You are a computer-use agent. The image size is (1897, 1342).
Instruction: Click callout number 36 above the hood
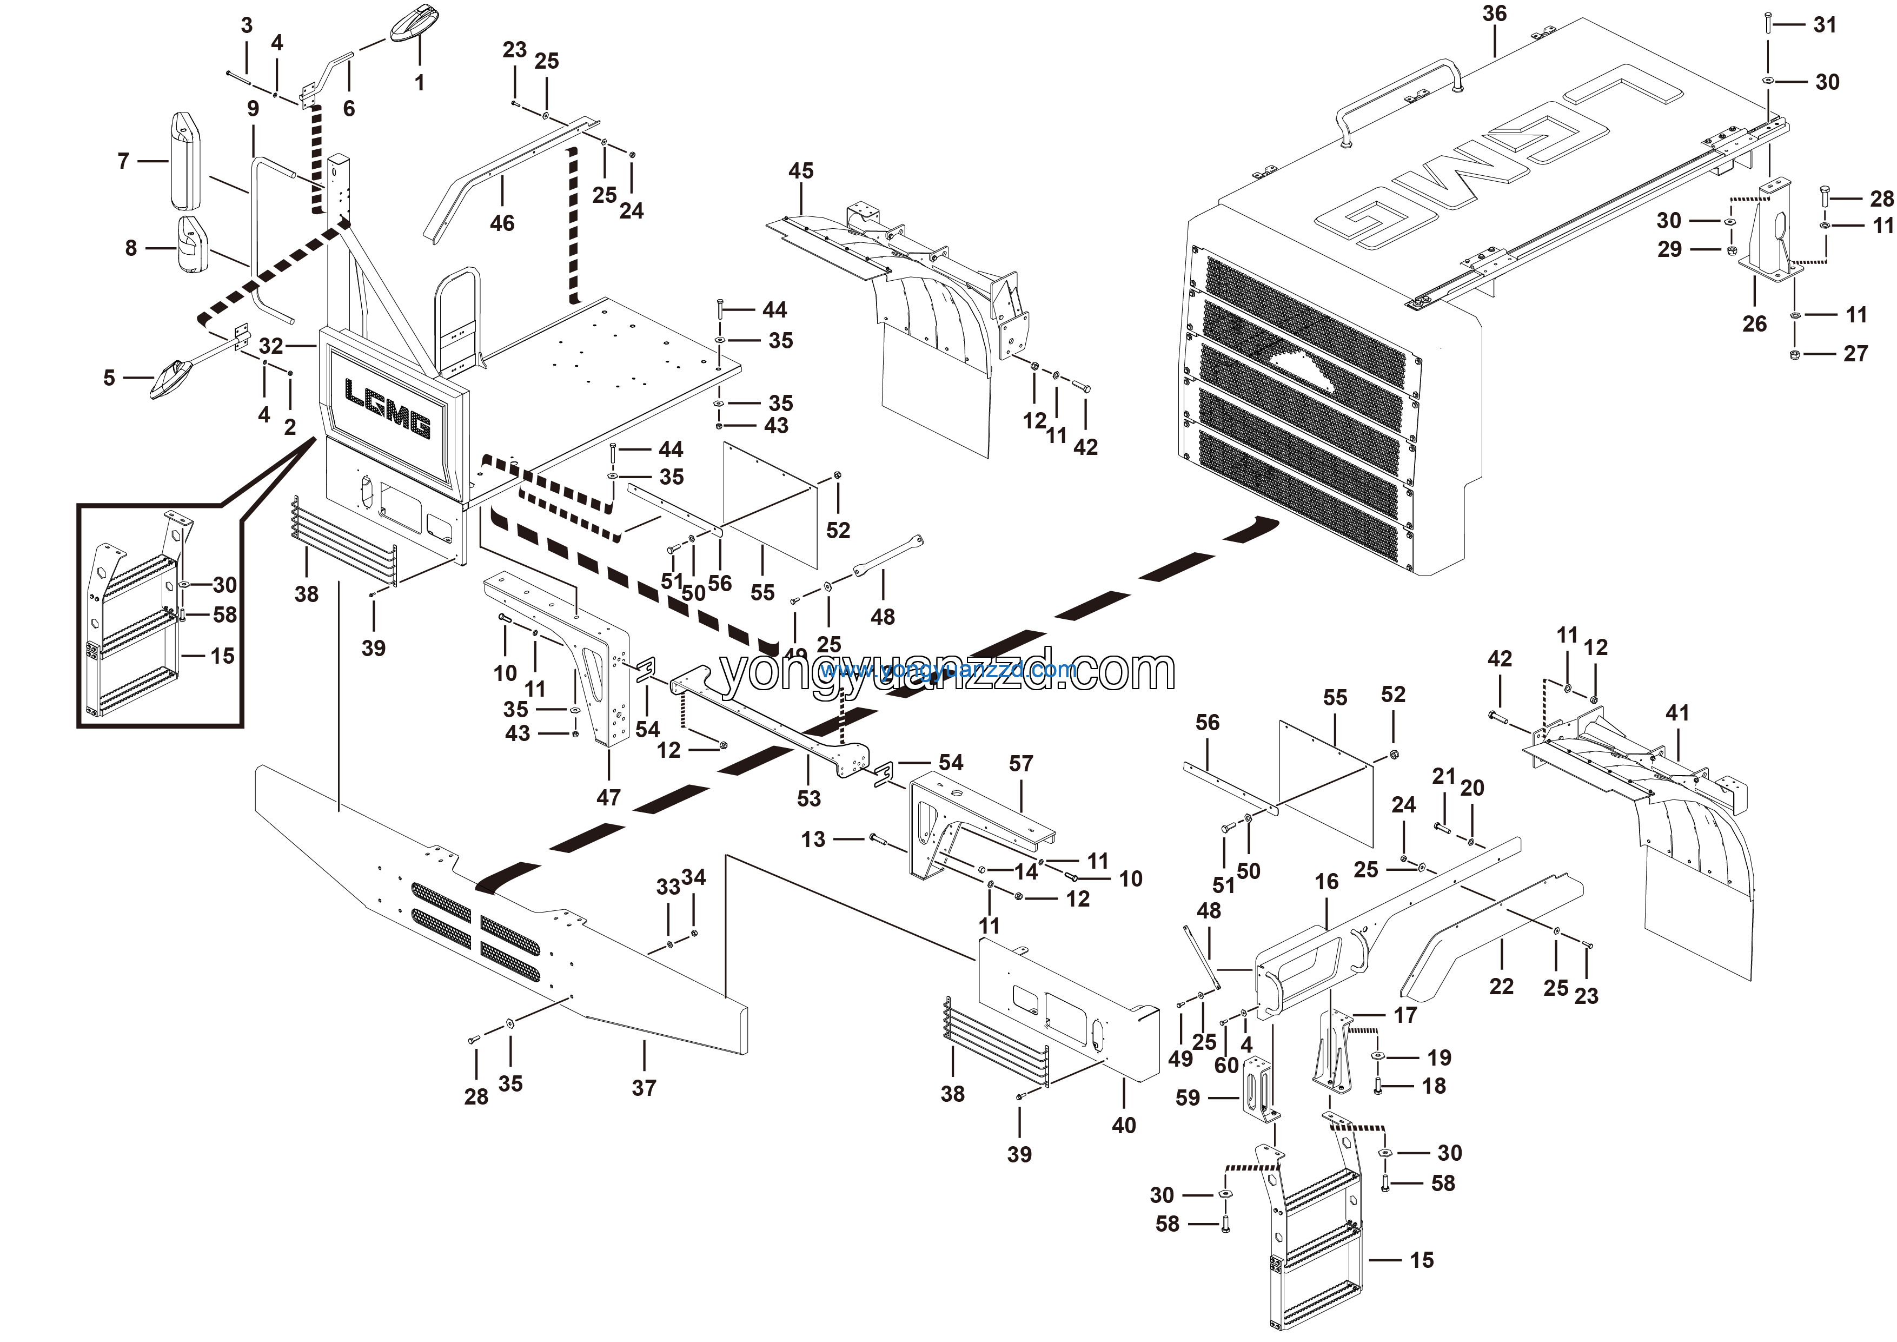coord(1494,14)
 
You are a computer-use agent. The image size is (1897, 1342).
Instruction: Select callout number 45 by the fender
coord(801,171)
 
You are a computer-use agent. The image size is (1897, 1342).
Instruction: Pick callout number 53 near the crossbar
coord(809,798)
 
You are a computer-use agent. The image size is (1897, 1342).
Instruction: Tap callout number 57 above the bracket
coord(1020,764)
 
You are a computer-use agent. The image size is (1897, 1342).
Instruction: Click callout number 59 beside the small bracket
coord(1188,1098)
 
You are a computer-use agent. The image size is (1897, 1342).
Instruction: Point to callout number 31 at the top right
coord(1825,25)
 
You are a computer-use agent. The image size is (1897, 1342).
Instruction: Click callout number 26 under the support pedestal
coord(1754,324)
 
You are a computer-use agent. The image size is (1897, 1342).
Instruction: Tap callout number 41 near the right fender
coord(1677,712)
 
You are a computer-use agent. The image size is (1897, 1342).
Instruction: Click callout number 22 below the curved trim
coord(1501,986)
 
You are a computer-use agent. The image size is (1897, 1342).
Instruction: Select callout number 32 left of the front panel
coord(271,346)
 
